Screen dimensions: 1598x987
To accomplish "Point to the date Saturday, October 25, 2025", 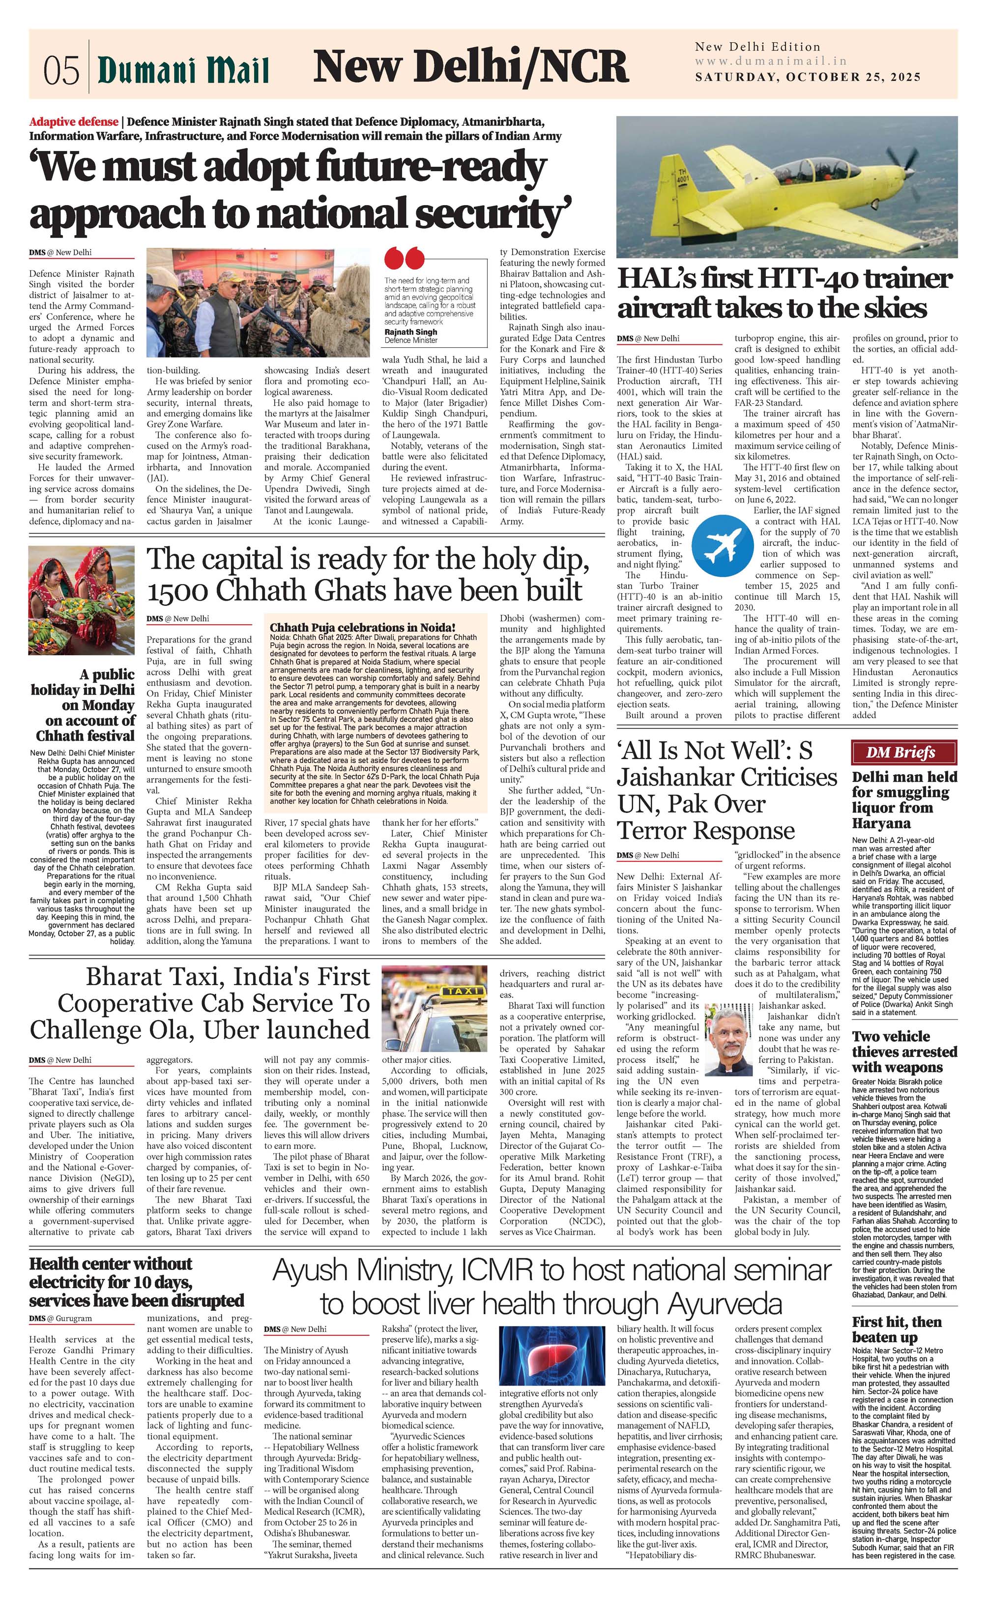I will [808, 77].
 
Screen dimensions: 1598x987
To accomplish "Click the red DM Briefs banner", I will [903, 753].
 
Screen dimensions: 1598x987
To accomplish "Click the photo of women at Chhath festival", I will [82, 600].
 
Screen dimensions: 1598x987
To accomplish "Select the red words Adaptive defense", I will [74, 122].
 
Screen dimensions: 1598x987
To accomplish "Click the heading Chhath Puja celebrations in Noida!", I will [362, 627].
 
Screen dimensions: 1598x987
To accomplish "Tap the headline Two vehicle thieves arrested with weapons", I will [904, 1052].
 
